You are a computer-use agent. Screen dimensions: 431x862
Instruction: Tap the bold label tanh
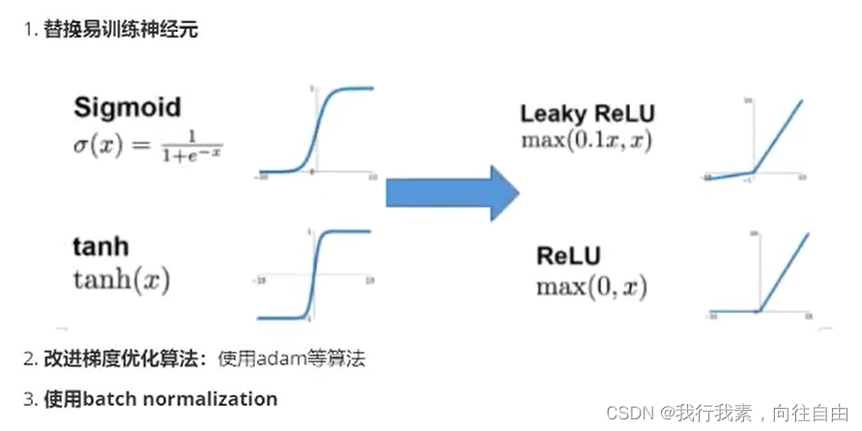pos(100,247)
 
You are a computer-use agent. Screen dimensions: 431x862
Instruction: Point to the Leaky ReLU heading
pos(588,114)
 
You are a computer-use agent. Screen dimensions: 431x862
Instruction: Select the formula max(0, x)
pos(591,286)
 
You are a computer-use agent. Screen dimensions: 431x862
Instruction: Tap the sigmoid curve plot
pos(315,132)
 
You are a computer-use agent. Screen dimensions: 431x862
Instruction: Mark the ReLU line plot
pos(760,275)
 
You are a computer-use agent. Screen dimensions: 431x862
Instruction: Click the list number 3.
pos(28,398)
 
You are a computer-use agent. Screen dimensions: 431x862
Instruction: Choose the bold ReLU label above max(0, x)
pos(569,257)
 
